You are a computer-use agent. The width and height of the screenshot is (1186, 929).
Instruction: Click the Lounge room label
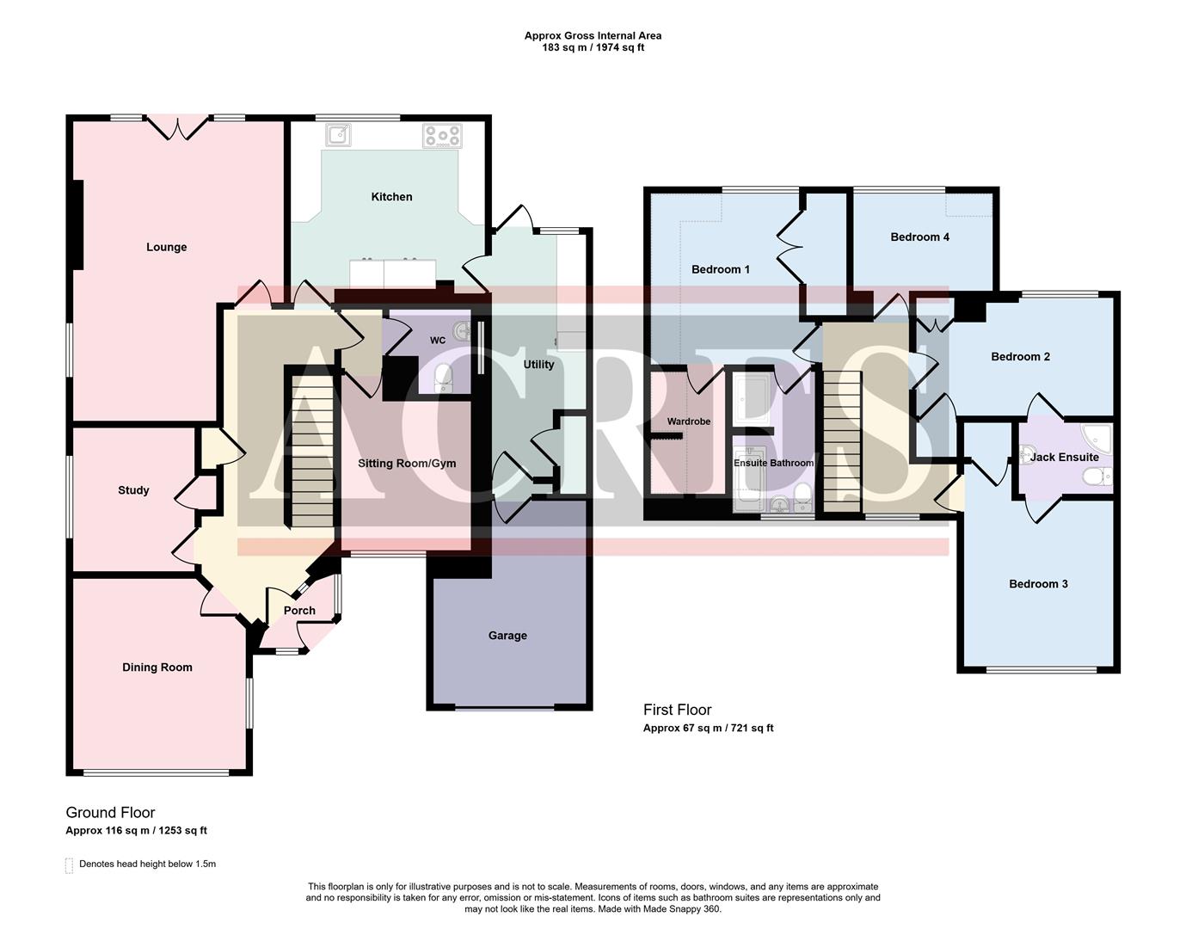(166, 247)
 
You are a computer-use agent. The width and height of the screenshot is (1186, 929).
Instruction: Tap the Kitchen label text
(391, 197)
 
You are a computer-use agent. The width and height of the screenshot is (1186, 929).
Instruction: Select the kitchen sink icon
(339, 135)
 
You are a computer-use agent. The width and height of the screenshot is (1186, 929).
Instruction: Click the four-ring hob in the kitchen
(442, 135)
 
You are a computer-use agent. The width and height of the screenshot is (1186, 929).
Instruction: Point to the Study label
(133, 490)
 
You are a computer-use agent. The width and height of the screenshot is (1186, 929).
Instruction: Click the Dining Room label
(157, 668)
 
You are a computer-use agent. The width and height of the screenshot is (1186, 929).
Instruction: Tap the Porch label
(299, 611)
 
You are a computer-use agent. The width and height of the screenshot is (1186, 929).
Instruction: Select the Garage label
(507, 636)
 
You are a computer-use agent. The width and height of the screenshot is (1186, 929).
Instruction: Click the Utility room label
(539, 365)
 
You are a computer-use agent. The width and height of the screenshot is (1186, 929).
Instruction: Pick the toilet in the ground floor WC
(444, 376)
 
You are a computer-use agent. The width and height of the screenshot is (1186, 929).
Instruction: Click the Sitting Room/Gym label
(407, 464)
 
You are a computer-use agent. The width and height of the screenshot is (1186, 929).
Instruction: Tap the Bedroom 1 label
(721, 269)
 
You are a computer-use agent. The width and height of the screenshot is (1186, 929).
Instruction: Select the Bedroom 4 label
(919, 237)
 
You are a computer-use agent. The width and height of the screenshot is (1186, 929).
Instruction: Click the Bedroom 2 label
(1020, 357)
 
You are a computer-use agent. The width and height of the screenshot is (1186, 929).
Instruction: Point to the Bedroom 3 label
(1038, 584)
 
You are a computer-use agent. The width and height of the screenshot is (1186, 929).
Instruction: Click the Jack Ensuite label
(1064, 458)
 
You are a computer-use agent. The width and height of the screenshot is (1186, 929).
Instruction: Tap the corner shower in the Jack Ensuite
(1097, 437)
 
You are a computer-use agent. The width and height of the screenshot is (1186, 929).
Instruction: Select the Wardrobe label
(689, 421)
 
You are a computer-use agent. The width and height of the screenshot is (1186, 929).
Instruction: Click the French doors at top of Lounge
(177, 129)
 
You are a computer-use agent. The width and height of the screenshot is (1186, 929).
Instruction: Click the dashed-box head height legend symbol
(70, 865)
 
